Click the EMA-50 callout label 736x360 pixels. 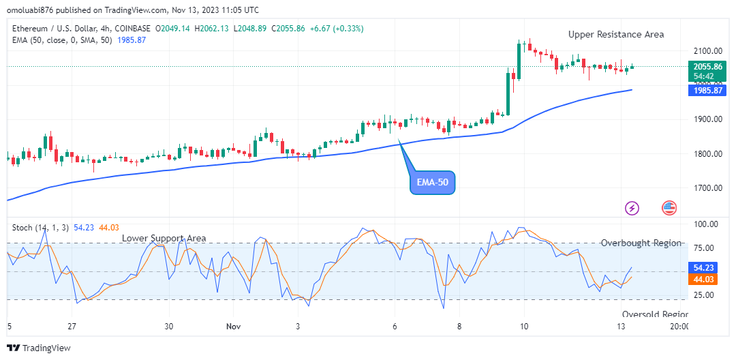click(432, 183)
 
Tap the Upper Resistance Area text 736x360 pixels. click(616, 34)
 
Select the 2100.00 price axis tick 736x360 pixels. click(707, 51)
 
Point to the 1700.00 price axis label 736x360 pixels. click(707, 188)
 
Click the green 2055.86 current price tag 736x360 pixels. click(707, 67)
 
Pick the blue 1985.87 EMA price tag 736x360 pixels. click(707, 90)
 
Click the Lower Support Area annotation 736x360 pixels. click(164, 238)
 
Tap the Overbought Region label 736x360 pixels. click(641, 243)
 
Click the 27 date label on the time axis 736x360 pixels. click(72, 327)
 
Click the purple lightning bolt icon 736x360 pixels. click(632, 208)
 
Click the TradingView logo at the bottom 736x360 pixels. click(40, 348)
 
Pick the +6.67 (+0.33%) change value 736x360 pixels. click(336, 29)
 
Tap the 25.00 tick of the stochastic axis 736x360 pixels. click(705, 295)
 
